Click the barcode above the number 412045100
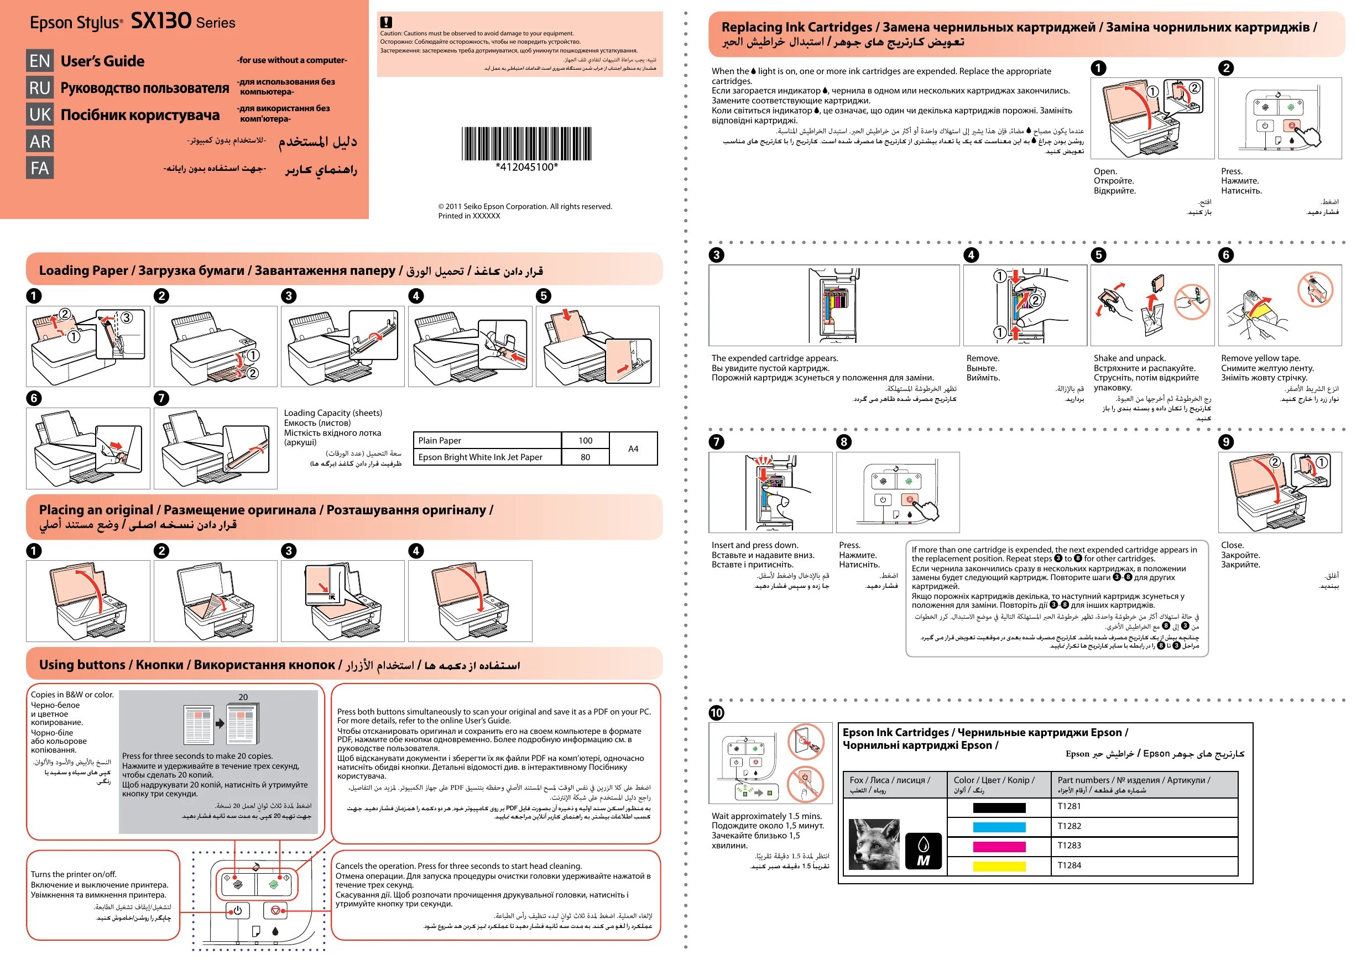(526, 143)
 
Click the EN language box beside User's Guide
(39, 61)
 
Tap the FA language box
(39, 168)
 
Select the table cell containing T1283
(1143, 846)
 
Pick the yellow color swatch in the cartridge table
(999, 866)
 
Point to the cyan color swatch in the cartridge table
(999, 827)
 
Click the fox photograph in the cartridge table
(874, 844)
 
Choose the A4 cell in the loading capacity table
(633, 449)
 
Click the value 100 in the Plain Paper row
(585, 440)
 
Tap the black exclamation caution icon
(386, 23)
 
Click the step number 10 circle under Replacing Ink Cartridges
(716, 712)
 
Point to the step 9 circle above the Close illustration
(1225, 442)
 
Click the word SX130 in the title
(161, 22)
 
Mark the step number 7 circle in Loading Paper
(161, 398)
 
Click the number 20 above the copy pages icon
(243, 697)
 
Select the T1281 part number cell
(1143, 807)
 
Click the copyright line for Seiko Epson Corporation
(525, 207)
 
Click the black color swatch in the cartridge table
(999, 808)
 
